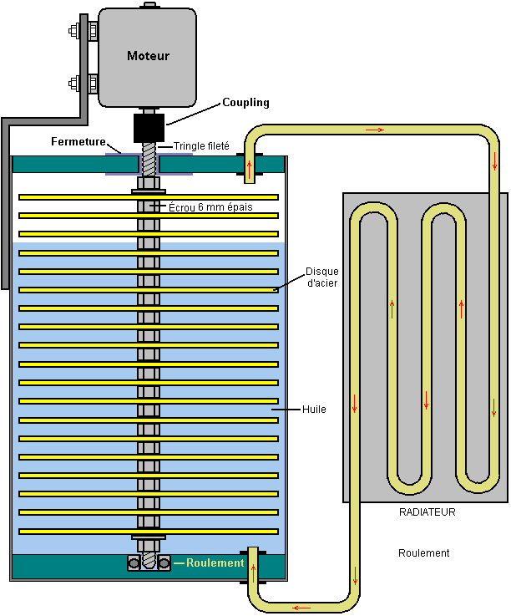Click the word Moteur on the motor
tap(148, 56)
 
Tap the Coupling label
tap(245, 103)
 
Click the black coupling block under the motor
tap(149, 128)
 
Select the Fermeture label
tap(78, 141)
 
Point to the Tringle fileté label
tap(201, 146)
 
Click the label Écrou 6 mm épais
tap(210, 207)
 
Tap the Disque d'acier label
tap(321, 277)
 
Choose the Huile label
tap(314, 410)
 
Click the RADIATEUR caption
tap(427, 512)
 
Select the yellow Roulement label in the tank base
tap(215, 563)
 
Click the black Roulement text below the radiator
tap(423, 553)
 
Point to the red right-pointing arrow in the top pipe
tap(375, 130)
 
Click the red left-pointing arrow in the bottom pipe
tap(301, 608)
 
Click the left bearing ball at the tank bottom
tap(134, 563)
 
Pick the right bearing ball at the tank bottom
tap(164, 563)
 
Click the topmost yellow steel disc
tap(149, 197)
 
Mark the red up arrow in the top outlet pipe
tap(249, 169)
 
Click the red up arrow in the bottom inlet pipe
tap(254, 573)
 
